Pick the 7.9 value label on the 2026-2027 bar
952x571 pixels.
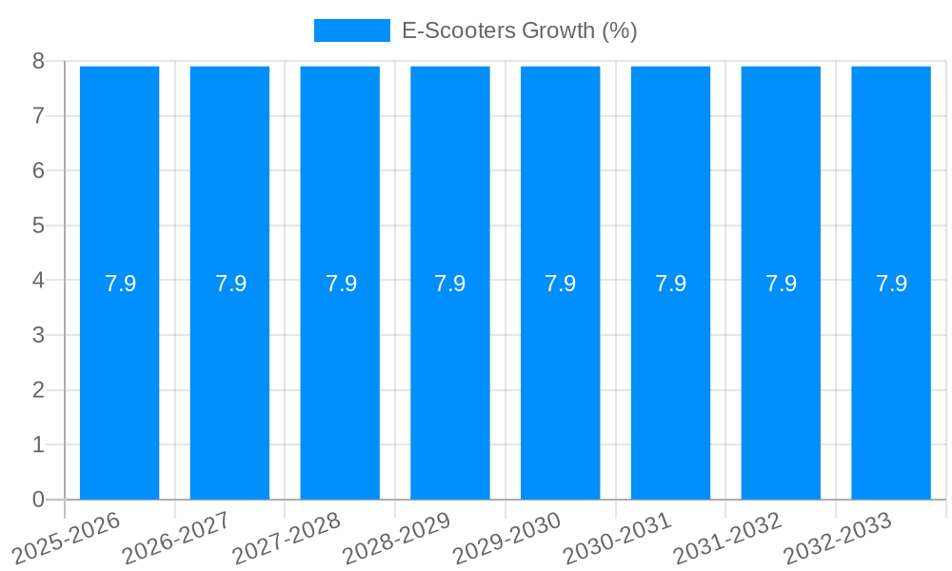tap(230, 284)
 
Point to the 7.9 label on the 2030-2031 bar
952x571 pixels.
tap(671, 284)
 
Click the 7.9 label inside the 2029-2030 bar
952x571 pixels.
tap(561, 284)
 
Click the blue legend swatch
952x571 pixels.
tap(352, 30)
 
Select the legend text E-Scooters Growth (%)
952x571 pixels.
tap(519, 30)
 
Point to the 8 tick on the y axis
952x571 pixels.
tap(38, 61)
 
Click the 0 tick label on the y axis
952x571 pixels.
tap(38, 500)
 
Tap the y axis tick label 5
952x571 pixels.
tap(38, 226)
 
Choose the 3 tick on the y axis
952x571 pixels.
tap(38, 335)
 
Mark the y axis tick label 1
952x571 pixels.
tap(38, 444)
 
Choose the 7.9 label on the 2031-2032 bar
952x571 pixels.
tap(782, 284)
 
